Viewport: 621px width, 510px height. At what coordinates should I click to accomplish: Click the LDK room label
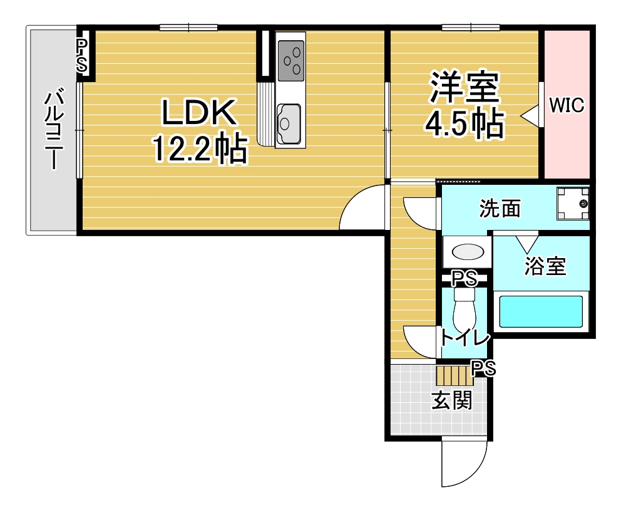pyautogui.click(x=199, y=113)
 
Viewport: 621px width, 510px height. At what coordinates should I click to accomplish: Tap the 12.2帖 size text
pyautogui.click(x=200, y=149)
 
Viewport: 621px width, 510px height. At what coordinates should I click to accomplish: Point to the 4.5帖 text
pyautogui.click(x=464, y=123)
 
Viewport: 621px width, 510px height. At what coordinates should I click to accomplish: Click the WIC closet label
pyautogui.click(x=567, y=105)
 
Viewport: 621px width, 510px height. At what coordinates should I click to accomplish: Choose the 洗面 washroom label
pyautogui.click(x=500, y=209)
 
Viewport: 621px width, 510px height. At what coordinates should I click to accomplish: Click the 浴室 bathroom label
pyautogui.click(x=545, y=266)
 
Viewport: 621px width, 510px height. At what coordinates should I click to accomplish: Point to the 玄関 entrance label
pyautogui.click(x=451, y=400)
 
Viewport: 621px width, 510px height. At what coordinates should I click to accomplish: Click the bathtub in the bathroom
pyautogui.click(x=541, y=311)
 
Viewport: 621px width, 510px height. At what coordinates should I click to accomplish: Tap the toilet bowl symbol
pyautogui.click(x=464, y=310)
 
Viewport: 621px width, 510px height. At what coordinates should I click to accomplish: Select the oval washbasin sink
pyautogui.click(x=468, y=252)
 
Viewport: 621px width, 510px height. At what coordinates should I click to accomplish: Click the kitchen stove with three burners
pyautogui.click(x=291, y=60)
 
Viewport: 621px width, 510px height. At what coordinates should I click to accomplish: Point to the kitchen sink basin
pyautogui.click(x=289, y=123)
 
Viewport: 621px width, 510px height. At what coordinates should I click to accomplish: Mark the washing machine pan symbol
pyautogui.click(x=573, y=204)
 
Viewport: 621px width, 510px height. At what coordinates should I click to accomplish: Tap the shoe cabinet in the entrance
pyautogui.click(x=455, y=376)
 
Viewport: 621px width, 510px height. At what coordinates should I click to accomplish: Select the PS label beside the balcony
pyautogui.click(x=82, y=55)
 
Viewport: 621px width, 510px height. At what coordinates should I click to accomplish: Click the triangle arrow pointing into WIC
pyautogui.click(x=530, y=116)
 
